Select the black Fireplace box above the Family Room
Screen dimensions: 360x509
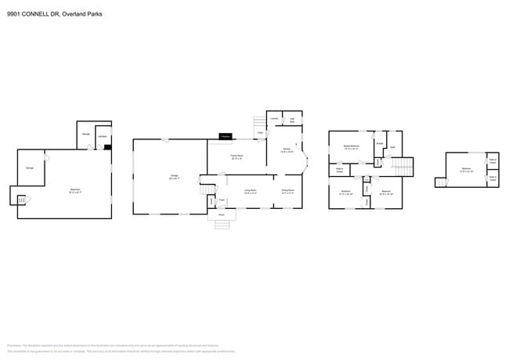click(x=226, y=136)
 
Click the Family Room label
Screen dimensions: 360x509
click(x=236, y=157)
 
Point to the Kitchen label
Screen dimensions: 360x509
click(x=287, y=150)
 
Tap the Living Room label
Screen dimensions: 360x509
click(x=251, y=191)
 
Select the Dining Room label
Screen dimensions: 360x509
click(x=287, y=191)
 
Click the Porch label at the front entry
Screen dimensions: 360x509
click(x=222, y=214)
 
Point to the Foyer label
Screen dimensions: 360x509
click(x=222, y=200)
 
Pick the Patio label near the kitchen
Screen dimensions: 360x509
click(x=261, y=132)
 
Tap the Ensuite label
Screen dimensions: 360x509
click(x=379, y=143)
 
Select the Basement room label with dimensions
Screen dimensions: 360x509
click(x=75, y=189)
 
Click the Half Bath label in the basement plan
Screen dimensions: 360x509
click(x=102, y=137)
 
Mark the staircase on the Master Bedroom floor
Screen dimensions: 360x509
click(x=401, y=167)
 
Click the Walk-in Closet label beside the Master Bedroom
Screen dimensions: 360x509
click(x=340, y=170)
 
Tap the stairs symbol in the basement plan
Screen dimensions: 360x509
click(x=21, y=200)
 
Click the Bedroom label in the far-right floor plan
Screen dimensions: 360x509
click(x=466, y=170)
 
